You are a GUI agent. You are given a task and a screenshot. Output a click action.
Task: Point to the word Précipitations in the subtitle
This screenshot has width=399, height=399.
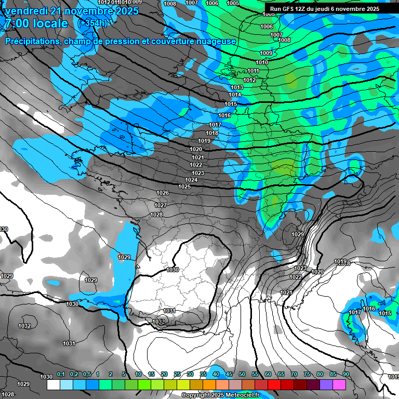pos(32,42)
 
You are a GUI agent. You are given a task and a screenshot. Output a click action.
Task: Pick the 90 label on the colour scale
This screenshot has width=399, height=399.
pos(345,374)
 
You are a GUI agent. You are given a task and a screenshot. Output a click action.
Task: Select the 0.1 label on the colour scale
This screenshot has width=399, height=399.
pos(60,374)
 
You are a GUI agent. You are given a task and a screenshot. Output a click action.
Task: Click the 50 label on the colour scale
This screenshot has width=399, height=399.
pos(242,374)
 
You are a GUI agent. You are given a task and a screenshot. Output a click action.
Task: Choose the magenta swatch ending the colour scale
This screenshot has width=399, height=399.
pos(339,385)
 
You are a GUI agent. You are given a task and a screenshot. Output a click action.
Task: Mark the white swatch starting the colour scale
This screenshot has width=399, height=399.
pos(53,385)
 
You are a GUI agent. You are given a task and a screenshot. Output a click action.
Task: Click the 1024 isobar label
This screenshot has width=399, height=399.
pos(191,180)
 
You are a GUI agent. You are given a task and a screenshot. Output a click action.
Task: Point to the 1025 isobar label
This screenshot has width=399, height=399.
pos(184,187)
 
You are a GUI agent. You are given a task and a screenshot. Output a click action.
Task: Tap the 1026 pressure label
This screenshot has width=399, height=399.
pos(163,193)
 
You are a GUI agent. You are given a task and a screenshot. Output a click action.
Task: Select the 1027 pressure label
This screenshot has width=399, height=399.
pos(160,205)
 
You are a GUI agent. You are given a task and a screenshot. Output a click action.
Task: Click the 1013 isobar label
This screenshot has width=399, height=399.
pos(237,87)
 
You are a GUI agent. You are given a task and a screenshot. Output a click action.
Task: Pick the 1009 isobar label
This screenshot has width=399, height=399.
pos(265,53)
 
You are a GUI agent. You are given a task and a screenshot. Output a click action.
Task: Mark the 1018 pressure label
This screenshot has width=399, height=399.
pos(212,133)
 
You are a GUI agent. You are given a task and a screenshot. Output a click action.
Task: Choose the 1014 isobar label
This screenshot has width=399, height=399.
pos(235,95)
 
